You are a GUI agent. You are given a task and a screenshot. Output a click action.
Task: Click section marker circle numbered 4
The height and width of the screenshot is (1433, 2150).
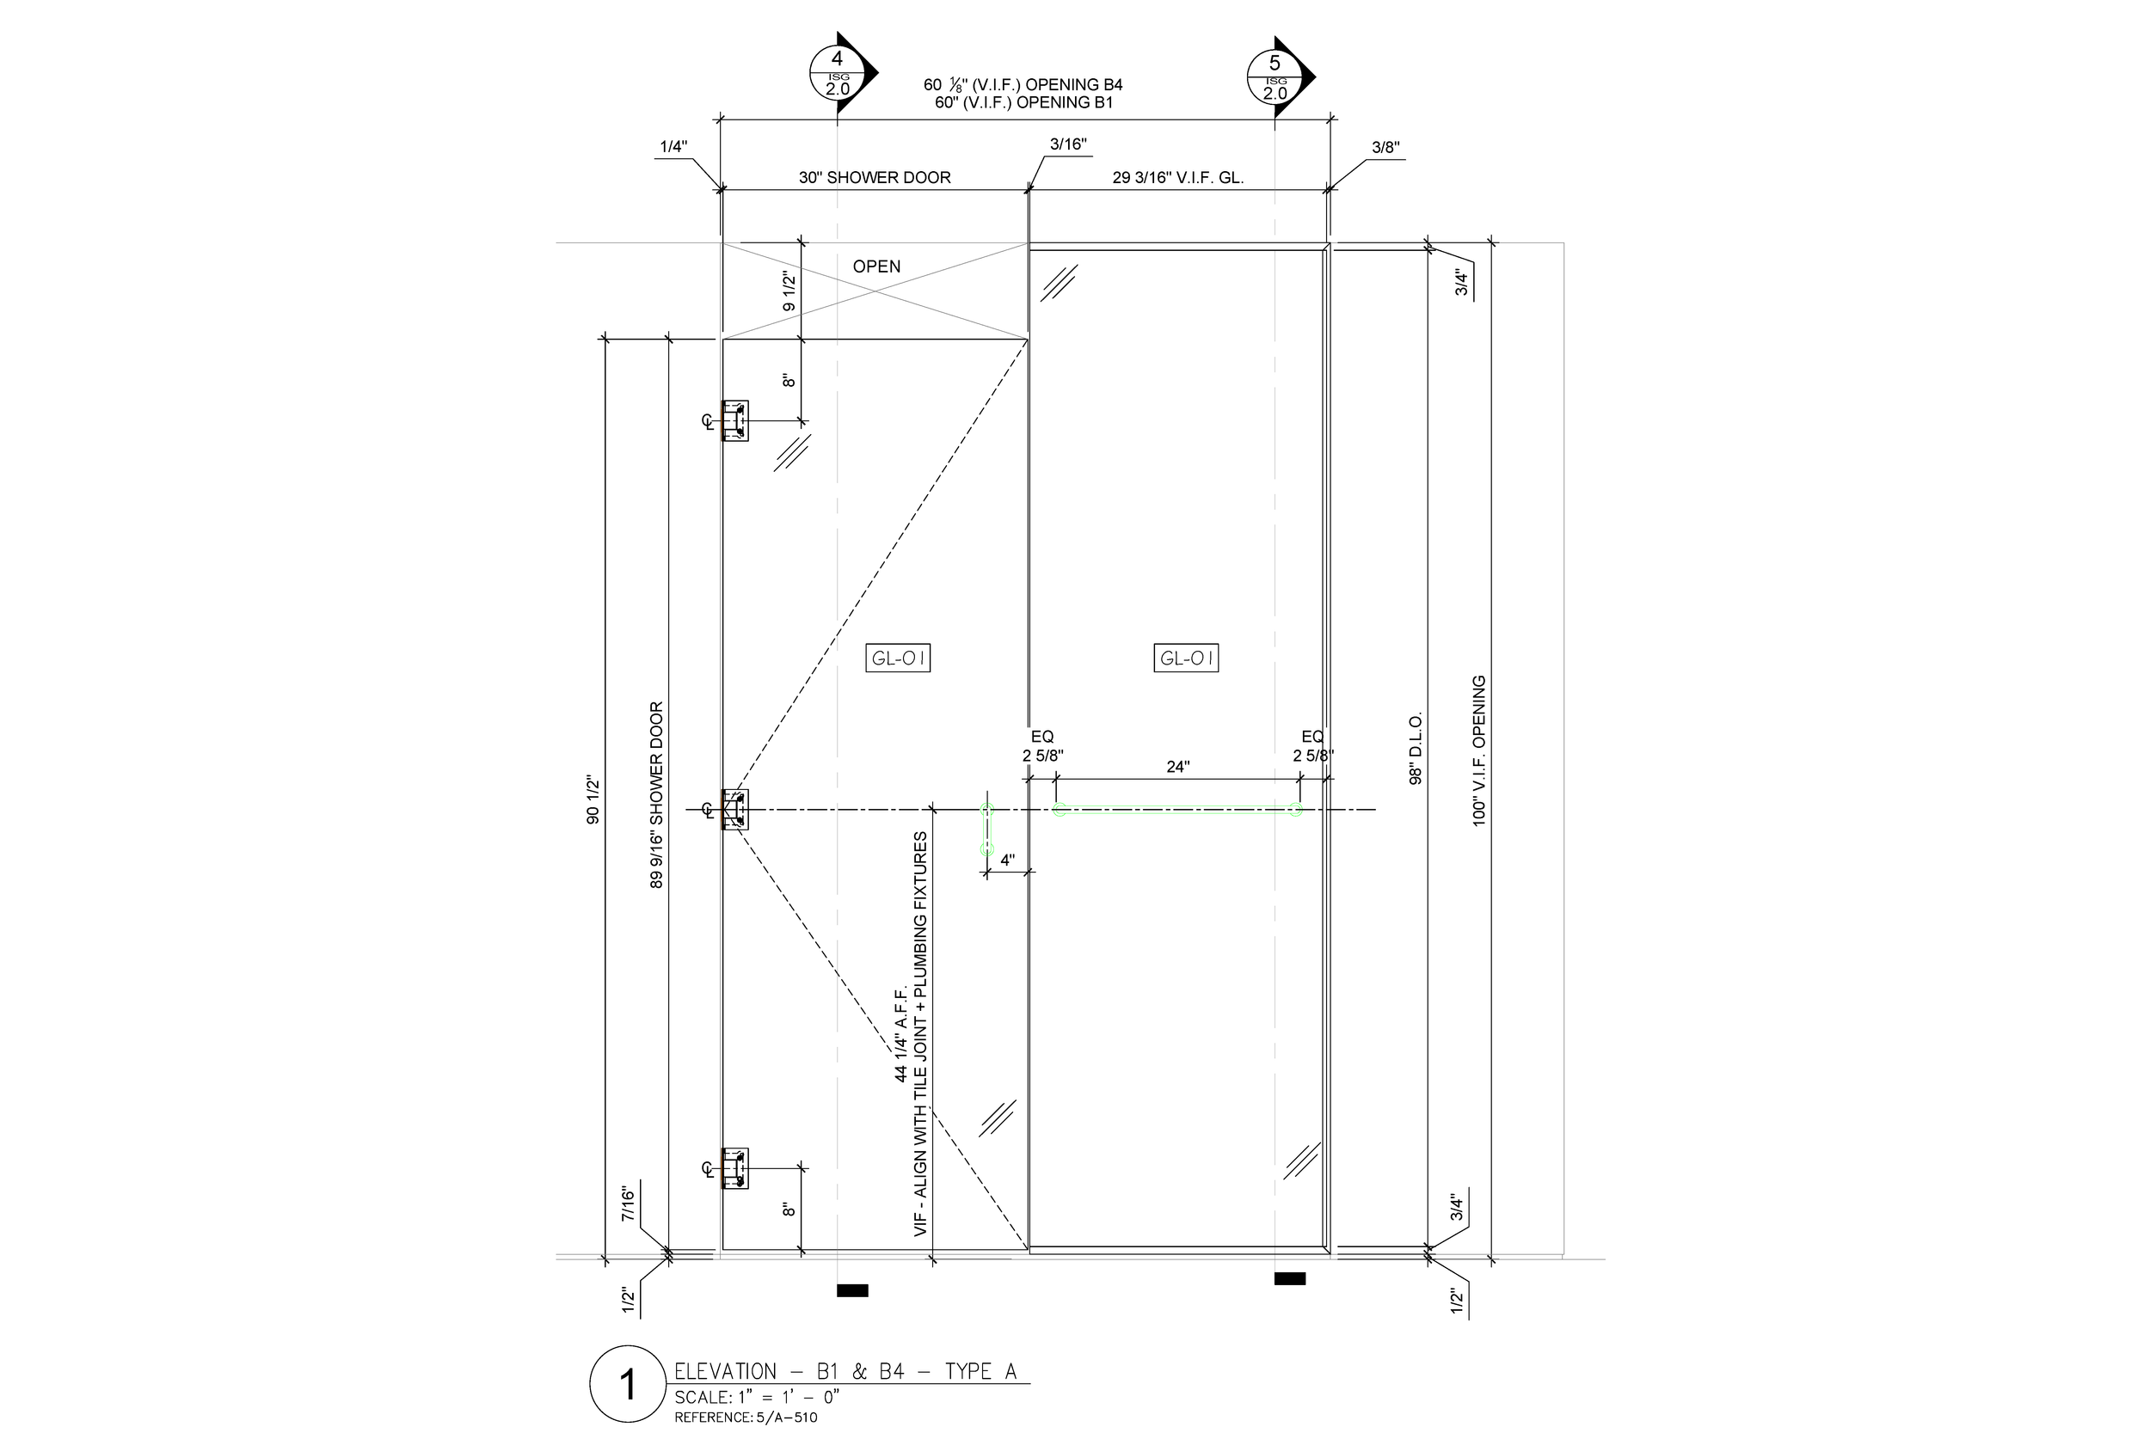point(837,74)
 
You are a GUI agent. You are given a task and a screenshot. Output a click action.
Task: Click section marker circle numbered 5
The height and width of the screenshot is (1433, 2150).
point(1275,77)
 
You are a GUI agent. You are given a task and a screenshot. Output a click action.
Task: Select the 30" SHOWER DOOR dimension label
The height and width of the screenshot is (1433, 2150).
point(874,177)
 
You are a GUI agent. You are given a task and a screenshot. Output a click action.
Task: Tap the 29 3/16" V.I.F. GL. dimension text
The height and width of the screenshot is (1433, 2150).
point(1177,177)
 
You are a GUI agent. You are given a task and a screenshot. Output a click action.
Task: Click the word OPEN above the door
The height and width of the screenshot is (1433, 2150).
point(875,266)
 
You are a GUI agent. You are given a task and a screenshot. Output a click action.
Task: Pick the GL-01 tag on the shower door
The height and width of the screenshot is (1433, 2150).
point(898,658)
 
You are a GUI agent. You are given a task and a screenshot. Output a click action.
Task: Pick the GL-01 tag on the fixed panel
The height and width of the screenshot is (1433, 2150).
point(1186,658)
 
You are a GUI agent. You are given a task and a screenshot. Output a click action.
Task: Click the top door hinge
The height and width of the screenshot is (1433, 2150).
point(735,420)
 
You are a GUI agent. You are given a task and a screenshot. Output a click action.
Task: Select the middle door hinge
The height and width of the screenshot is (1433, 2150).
point(735,809)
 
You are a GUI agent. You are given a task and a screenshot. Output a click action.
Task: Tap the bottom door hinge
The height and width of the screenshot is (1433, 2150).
point(735,1168)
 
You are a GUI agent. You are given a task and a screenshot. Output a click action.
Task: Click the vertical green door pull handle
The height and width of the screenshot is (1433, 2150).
point(986,829)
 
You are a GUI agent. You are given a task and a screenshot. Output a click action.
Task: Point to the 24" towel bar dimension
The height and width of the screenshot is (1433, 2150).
point(1177,767)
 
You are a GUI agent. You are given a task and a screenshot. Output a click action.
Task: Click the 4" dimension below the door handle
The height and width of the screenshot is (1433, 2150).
point(1007,860)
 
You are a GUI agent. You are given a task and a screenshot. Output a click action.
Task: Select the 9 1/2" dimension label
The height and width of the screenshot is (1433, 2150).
point(789,291)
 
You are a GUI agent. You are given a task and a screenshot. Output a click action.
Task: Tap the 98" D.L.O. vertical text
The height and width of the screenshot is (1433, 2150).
point(1415,749)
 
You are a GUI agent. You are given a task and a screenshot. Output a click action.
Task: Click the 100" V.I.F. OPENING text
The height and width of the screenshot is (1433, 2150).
point(1478,750)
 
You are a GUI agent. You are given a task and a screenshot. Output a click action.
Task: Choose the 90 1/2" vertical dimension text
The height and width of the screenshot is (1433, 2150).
point(593,799)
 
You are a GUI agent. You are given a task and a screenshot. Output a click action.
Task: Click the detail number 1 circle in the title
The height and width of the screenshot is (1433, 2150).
point(627,1384)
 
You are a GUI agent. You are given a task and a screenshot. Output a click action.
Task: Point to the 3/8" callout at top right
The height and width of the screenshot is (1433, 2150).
point(1385,147)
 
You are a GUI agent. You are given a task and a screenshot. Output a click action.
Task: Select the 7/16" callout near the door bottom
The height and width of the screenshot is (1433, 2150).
point(627,1203)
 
